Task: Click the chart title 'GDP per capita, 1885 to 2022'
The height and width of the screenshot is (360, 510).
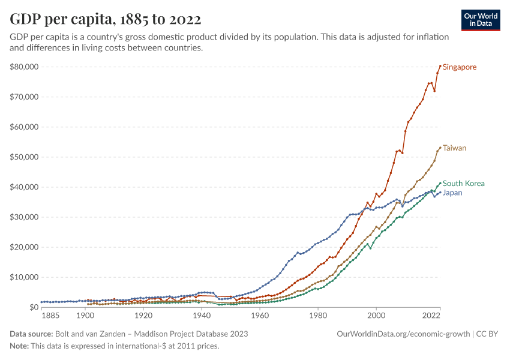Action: (106, 19)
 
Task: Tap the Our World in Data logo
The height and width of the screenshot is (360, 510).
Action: (481, 20)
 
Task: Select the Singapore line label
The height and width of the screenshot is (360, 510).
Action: (460, 67)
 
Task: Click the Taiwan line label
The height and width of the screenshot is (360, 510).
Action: (454, 148)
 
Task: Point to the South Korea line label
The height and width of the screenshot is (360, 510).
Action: (463, 184)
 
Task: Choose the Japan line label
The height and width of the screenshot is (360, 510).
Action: (452, 193)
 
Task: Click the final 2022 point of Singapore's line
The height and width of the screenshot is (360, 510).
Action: (440, 66)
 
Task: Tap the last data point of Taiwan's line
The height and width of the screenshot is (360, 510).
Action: (440, 148)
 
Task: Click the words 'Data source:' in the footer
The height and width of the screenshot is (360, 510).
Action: (31, 334)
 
